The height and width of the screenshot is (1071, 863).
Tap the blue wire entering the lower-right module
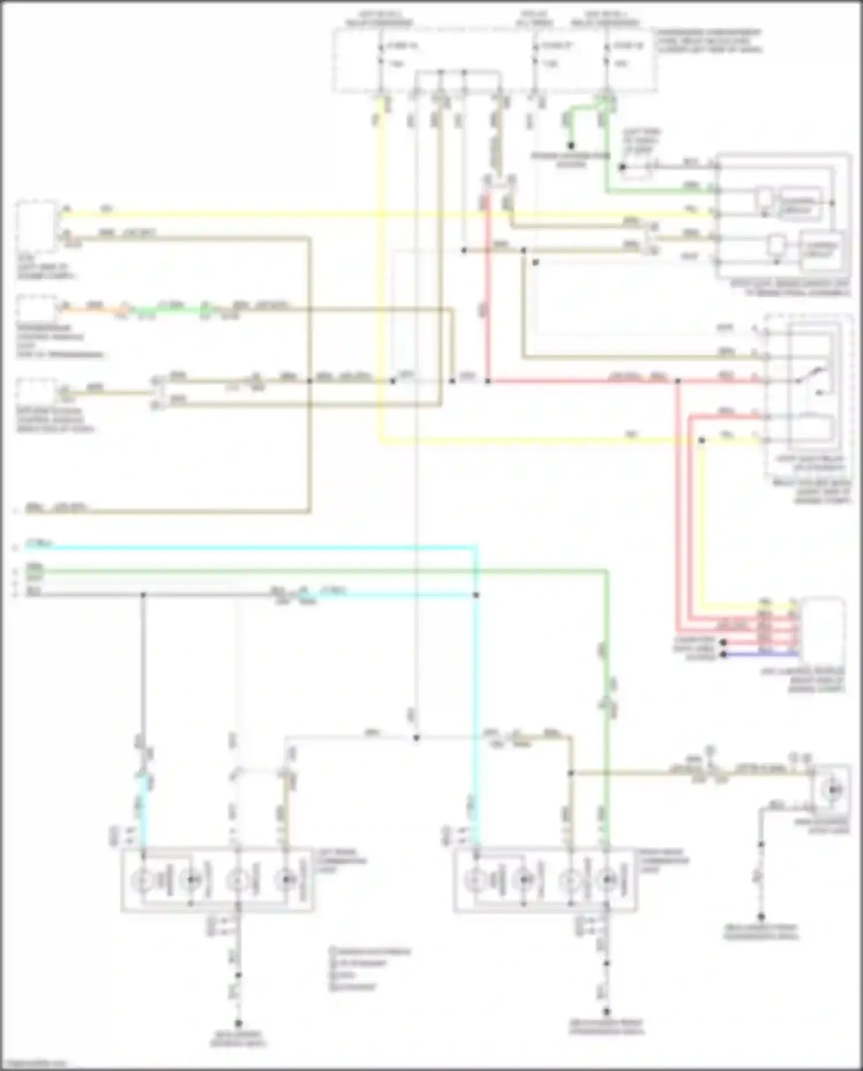[x=759, y=654]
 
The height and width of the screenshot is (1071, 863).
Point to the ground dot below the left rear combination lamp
[x=238, y=1023]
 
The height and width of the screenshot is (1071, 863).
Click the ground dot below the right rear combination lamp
[x=606, y=1011]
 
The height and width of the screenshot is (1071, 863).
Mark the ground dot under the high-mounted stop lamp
[x=761, y=916]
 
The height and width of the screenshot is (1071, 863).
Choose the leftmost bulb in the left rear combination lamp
[x=141, y=879]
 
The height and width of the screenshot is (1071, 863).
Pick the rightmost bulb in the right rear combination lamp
[x=608, y=879]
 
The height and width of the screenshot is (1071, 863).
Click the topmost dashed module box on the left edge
[x=37, y=226]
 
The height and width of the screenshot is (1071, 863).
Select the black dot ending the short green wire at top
[x=571, y=146]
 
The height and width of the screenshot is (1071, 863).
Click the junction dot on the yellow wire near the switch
[x=701, y=440]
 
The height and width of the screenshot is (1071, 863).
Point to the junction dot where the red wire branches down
[x=678, y=380]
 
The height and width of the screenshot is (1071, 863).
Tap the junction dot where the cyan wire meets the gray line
[x=476, y=594]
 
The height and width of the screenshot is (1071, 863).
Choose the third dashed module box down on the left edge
[x=37, y=391]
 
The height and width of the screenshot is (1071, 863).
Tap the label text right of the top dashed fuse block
[x=710, y=41]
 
